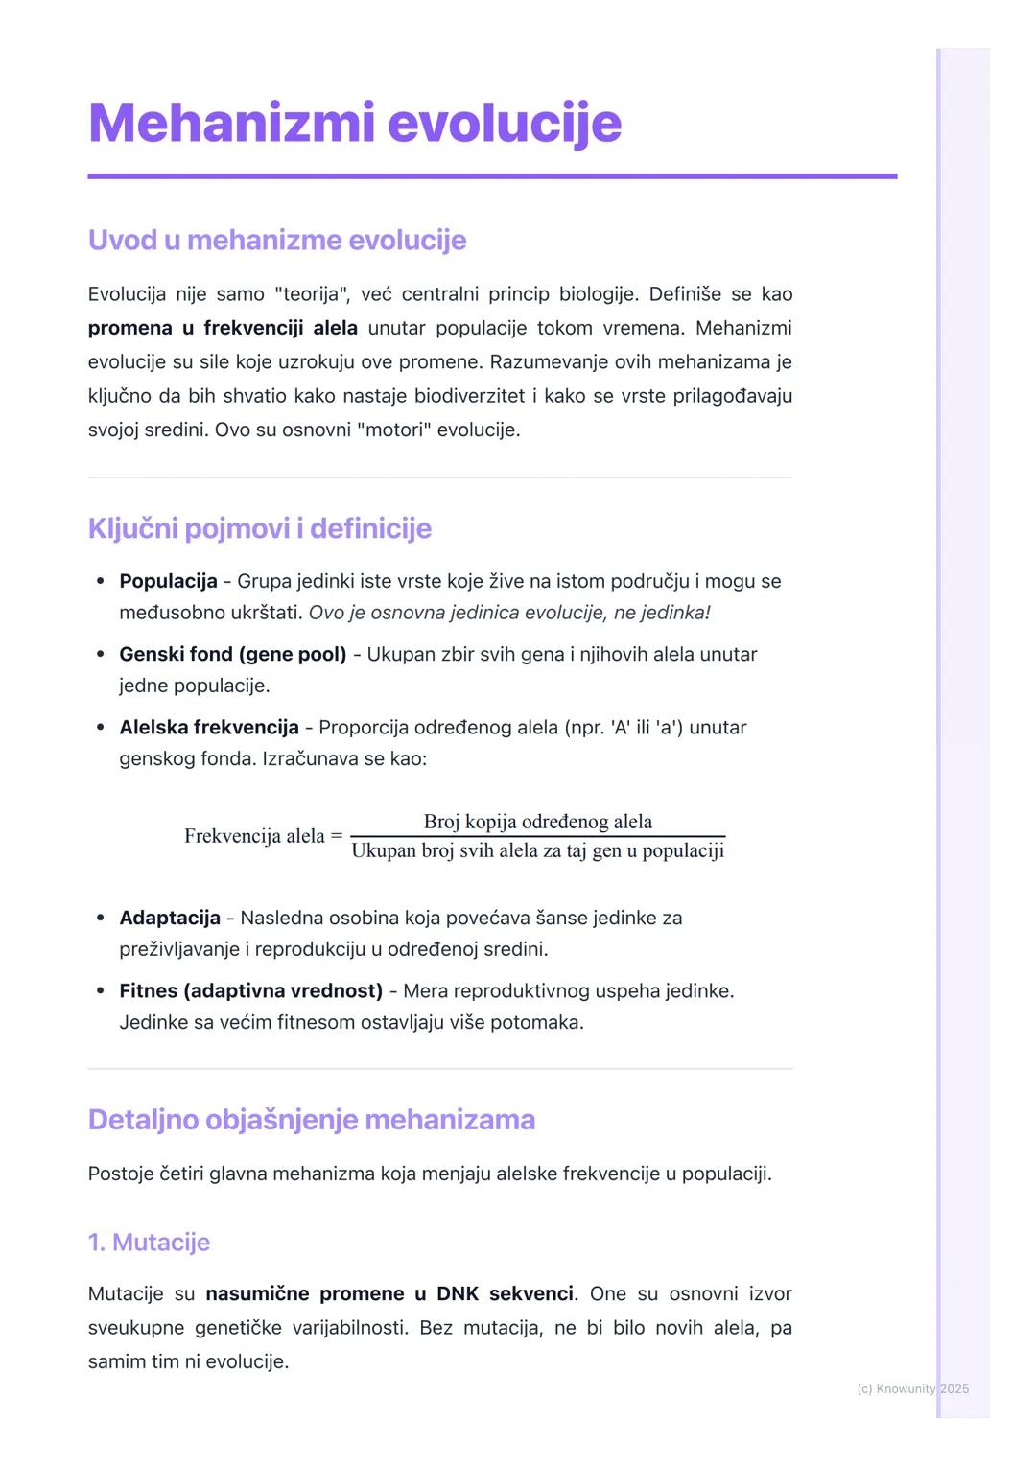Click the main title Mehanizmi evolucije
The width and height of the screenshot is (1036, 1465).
(x=354, y=124)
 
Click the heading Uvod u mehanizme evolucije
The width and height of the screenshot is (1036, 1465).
(x=276, y=240)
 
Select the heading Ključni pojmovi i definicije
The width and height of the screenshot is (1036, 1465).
(x=259, y=528)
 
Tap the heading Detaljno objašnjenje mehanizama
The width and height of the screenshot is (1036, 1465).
(x=311, y=1120)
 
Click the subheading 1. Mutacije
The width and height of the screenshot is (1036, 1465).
(x=149, y=1243)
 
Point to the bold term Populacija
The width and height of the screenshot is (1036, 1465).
(x=168, y=581)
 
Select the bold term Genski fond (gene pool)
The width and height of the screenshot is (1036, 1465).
(x=232, y=654)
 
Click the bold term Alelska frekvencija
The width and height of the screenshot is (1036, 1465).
(x=208, y=727)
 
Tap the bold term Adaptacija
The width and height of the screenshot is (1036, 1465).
(x=169, y=918)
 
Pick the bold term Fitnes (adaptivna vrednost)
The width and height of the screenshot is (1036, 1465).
(x=250, y=990)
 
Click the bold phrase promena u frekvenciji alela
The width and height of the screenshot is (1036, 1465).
(x=223, y=328)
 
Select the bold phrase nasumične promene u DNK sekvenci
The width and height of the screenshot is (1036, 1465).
(x=389, y=1293)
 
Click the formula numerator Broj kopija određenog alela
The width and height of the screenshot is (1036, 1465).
(x=537, y=822)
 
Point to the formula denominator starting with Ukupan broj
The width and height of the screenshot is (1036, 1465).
(x=537, y=851)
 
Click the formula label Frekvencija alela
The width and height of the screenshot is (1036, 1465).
(x=254, y=836)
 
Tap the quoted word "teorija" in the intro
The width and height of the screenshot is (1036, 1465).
(x=311, y=294)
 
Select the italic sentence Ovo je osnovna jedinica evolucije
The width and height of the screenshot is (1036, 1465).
(x=508, y=613)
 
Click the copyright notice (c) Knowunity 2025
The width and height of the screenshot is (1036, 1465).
(x=912, y=1388)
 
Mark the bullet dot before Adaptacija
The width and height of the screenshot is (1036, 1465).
(x=100, y=919)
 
